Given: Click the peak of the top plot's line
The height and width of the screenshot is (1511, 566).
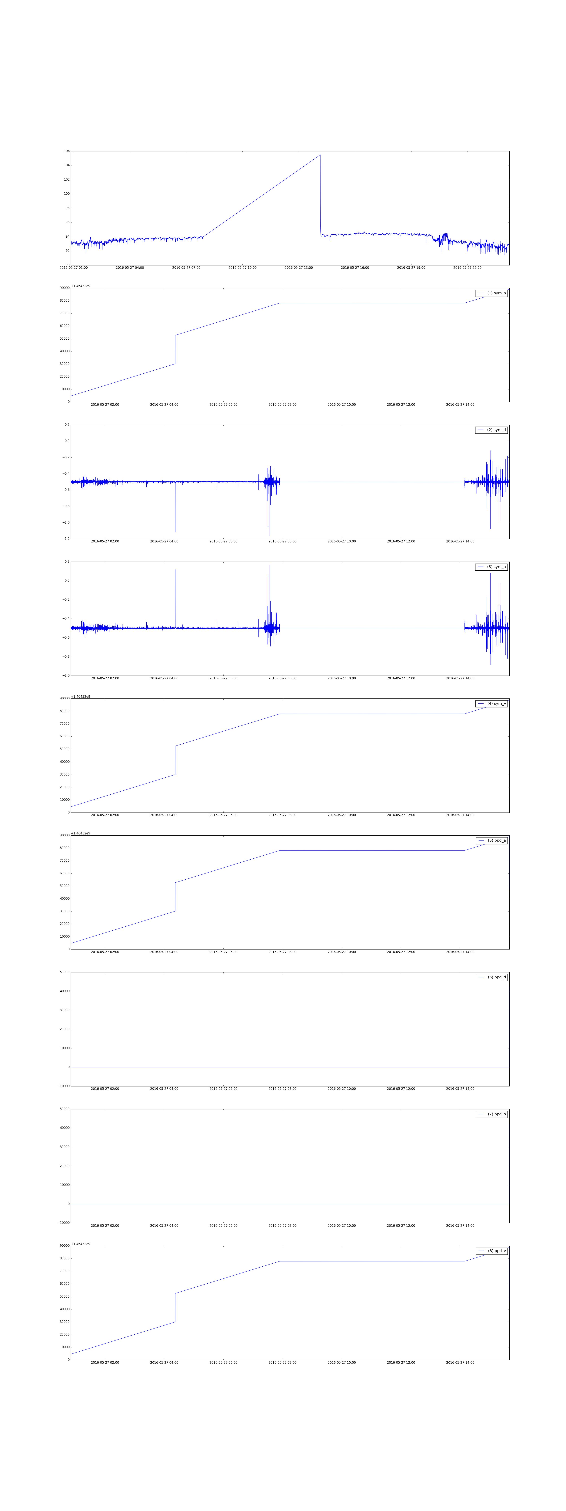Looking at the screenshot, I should pyautogui.click(x=320, y=155).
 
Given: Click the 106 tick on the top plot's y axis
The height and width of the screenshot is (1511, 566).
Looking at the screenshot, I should pyautogui.click(x=67, y=151).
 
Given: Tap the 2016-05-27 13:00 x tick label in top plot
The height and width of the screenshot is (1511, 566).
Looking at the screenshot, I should pyautogui.click(x=299, y=267).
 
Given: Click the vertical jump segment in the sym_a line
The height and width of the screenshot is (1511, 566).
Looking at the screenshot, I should pyautogui.click(x=175, y=350).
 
